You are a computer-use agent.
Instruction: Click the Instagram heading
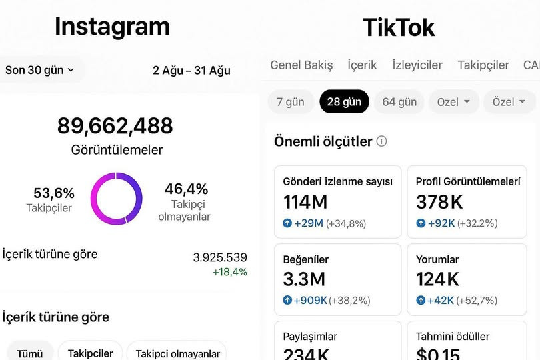[x=112, y=27]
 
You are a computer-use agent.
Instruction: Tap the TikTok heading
[x=399, y=27]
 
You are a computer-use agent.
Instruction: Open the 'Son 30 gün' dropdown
[x=39, y=70]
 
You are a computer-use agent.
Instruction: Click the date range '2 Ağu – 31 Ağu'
[x=191, y=70]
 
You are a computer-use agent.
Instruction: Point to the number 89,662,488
[x=115, y=126]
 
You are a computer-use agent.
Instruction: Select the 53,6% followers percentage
[x=54, y=193]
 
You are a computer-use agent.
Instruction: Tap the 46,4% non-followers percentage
[x=186, y=189]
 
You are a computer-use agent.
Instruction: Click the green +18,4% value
[x=230, y=272]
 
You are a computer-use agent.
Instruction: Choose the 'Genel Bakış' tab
[x=301, y=65]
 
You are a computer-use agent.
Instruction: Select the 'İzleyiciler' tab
[x=417, y=65]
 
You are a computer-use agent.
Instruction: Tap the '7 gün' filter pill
[x=291, y=101]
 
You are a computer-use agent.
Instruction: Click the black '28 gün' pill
[x=345, y=101]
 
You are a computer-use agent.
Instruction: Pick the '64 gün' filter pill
[x=399, y=101]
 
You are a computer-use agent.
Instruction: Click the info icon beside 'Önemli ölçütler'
[x=381, y=141]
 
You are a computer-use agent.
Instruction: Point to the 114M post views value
[x=305, y=202]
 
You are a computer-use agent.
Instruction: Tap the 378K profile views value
[x=439, y=202]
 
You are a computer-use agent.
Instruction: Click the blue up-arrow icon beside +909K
[x=287, y=300]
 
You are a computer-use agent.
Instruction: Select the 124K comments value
[x=437, y=279]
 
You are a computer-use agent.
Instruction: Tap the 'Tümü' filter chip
[x=30, y=353]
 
